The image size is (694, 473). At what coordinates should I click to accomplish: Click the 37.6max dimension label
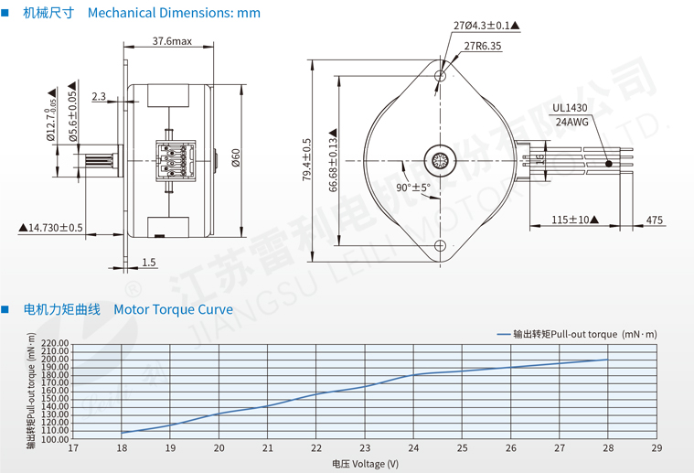point(172,41)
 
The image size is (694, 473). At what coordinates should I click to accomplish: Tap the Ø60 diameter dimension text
point(235,157)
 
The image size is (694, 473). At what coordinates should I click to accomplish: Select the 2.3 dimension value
point(99,96)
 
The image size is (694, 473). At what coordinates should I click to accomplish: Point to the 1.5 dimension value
point(148,263)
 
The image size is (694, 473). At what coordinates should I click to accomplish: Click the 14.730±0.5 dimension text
point(50,228)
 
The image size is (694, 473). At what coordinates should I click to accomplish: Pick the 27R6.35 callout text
point(482,46)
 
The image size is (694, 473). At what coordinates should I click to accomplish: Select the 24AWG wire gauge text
point(571,122)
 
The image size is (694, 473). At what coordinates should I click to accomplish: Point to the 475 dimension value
point(655,220)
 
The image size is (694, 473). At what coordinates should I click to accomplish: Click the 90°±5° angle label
point(412,188)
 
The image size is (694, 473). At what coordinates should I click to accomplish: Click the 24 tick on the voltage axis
point(413,448)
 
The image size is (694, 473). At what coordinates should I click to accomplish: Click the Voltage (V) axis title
point(365,464)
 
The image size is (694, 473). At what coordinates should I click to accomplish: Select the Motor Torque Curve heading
point(173,309)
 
